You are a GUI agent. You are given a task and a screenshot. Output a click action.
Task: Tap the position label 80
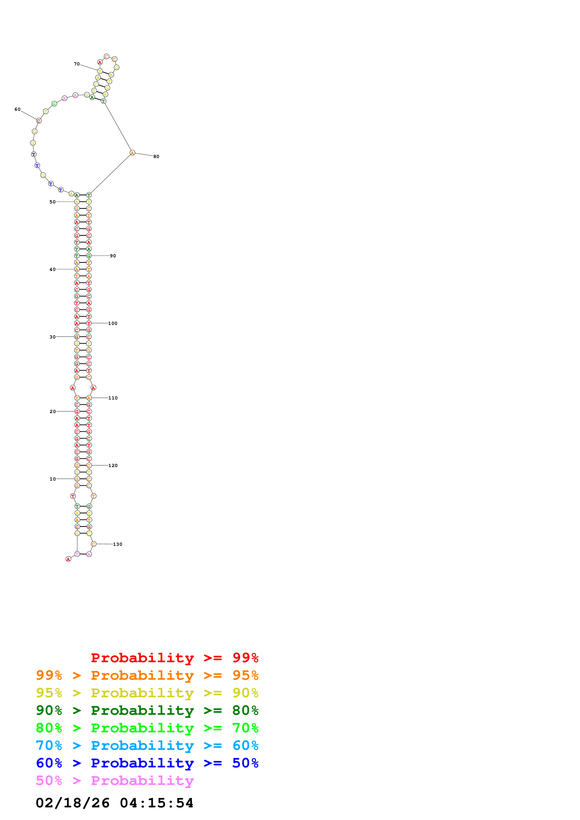[x=156, y=156]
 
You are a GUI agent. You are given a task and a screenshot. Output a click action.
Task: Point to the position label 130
[x=118, y=544]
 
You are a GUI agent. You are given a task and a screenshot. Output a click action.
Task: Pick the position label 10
[x=53, y=479]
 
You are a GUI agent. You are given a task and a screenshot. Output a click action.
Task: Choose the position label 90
[x=113, y=256]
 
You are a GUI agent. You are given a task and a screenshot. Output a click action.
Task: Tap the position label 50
[x=53, y=202]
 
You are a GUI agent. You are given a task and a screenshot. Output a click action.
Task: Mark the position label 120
[x=113, y=465]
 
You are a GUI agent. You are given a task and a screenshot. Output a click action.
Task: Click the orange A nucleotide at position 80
[x=132, y=153]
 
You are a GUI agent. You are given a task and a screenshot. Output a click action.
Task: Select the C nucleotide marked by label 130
[x=94, y=544]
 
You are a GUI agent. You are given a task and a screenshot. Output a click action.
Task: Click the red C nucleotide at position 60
[x=39, y=121]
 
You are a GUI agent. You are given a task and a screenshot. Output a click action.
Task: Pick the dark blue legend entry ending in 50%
[x=147, y=763]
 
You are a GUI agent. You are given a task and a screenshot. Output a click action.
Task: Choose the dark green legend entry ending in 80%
[x=147, y=711]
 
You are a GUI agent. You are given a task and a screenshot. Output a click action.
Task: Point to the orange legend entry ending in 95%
[x=147, y=675]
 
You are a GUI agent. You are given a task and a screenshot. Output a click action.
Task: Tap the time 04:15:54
[x=157, y=803]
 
